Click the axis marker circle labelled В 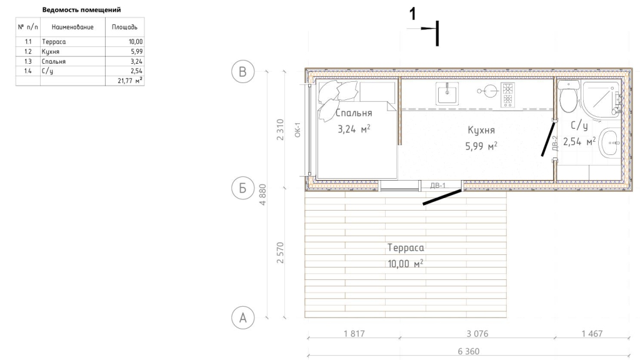coord(243,71)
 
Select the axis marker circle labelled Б coord(243,188)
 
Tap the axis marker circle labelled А coord(243,317)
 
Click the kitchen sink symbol coord(447,94)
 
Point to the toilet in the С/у coord(568,97)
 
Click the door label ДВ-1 coord(438,186)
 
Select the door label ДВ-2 coord(555,144)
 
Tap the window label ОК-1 coord(297,130)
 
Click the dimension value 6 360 coord(468,351)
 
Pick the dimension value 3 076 coord(477,334)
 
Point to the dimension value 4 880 coord(262,194)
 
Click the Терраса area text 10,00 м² coord(405,264)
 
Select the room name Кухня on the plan coord(481,130)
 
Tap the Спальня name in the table coord(54,61)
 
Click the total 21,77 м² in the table coord(130,81)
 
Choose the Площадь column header coord(124,27)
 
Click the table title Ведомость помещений coord(82,9)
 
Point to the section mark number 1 coord(412,14)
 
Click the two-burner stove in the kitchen coord(507,95)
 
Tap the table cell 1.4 coord(27,71)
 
